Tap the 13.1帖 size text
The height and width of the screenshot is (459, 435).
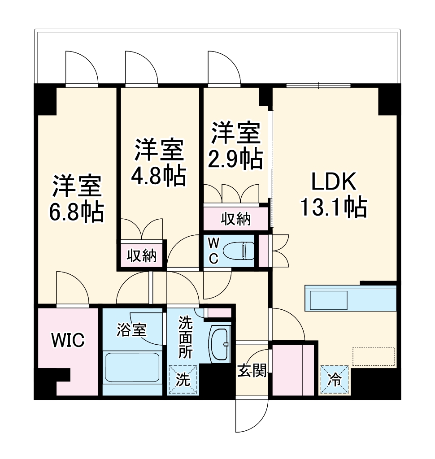(x=334, y=207)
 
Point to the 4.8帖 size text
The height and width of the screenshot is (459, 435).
(x=158, y=176)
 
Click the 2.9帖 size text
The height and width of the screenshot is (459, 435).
(x=235, y=158)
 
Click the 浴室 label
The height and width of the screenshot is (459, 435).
(x=131, y=330)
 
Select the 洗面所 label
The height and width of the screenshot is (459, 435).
(x=186, y=337)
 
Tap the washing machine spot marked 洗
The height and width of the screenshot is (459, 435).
(x=183, y=380)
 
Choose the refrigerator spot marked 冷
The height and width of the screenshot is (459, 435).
(x=335, y=380)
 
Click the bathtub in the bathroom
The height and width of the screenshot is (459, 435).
(x=132, y=368)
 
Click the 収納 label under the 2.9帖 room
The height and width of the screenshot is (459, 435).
(x=235, y=219)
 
